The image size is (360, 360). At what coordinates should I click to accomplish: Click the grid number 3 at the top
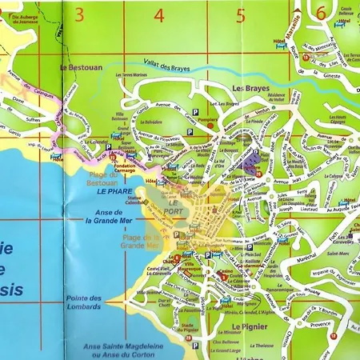pyautogui.click(x=79, y=14)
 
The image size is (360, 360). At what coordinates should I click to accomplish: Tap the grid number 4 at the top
pyautogui.click(x=159, y=14)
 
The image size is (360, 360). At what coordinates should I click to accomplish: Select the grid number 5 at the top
pyautogui.click(x=241, y=14)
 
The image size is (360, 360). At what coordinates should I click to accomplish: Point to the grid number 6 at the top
pyautogui.click(x=321, y=14)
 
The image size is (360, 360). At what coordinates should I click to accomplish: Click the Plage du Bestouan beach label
pyautogui.click(x=104, y=178)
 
